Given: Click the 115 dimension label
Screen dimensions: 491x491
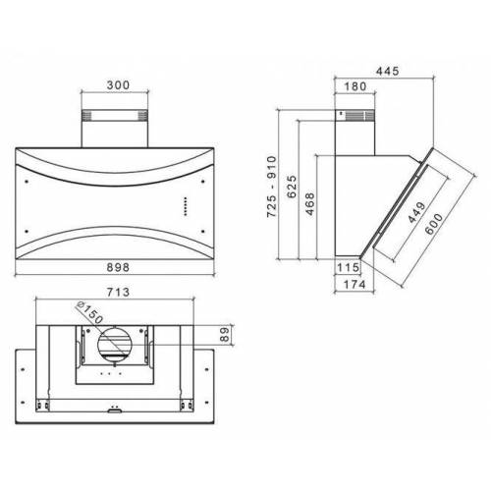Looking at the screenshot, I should (346, 267).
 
